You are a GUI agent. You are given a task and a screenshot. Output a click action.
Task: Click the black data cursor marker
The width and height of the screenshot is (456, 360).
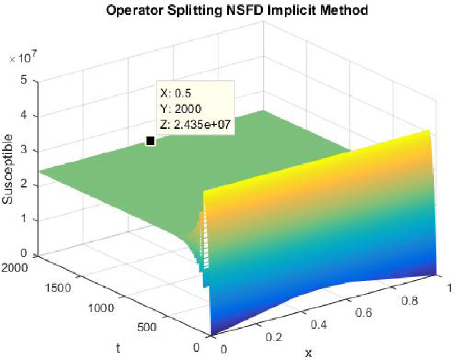pyautogui.click(x=150, y=141)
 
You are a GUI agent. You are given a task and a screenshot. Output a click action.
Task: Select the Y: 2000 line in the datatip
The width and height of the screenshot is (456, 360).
pyautogui.click(x=181, y=108)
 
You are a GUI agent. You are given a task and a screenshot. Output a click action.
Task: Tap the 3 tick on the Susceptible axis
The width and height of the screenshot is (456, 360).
pyautogui.click(x=24, y=150)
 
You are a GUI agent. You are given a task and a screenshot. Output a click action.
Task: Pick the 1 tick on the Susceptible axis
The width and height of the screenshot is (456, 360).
pyautogui.click(x=24, y=220)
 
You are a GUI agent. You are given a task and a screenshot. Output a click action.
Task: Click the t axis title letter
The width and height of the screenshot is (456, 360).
pyautogui.click(x=118, y=348)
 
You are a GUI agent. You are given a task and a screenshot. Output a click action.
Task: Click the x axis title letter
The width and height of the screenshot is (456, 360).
pyautogui.click(x=308, y=353)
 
